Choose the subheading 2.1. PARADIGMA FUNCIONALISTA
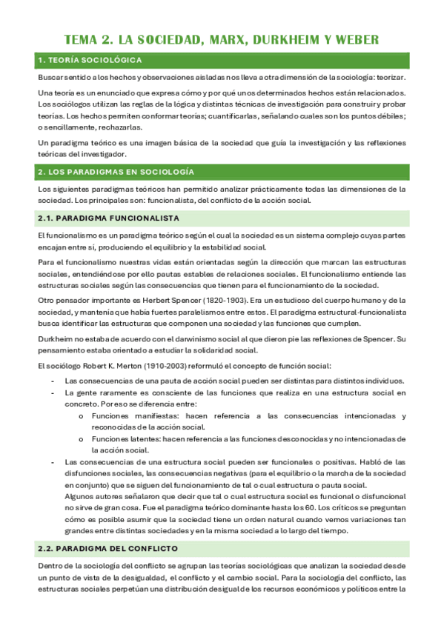point(107,218)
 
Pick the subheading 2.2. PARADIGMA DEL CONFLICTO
point(107,549)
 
